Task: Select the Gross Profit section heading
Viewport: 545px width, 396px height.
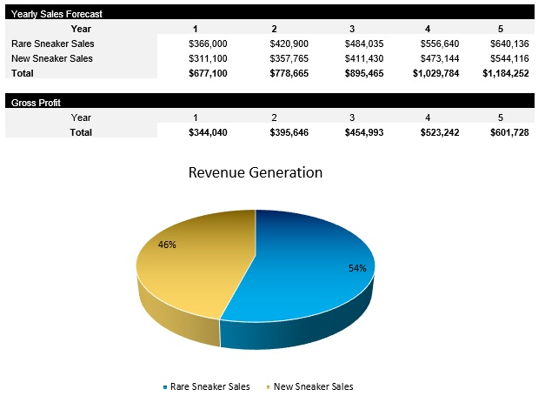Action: [x=36, y=102]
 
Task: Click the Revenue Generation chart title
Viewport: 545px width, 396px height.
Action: [x=256, y=172]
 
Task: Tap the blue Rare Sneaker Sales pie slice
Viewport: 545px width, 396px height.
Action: [x=304, y=270]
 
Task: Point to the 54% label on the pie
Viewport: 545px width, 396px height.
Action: [x=357, y=268]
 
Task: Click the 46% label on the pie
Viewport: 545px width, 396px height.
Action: [x=167, y=245]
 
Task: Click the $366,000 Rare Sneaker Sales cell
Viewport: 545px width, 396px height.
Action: [x=208, y=44]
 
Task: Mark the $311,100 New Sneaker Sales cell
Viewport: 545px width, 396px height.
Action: [x=208, y=58]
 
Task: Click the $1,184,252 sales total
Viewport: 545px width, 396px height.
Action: [x=505, y=73]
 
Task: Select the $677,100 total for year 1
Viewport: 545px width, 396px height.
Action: [x=208, y=73]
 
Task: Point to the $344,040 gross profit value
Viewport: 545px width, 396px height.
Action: [x=208, y=131]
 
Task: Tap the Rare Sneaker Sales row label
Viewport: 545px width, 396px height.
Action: [x=52, y=44]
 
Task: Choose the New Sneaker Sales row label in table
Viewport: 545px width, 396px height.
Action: [x=52, y=58]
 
